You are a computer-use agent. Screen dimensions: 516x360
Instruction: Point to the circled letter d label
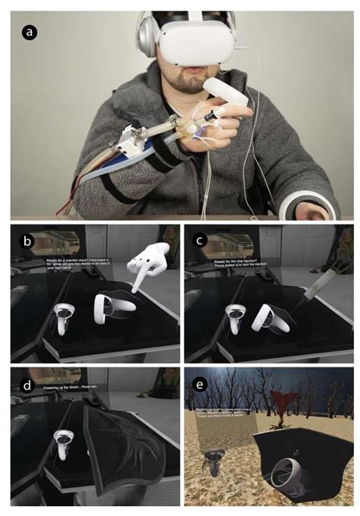pos(29,385)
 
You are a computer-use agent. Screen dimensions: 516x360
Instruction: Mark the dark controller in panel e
pos(212,462)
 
